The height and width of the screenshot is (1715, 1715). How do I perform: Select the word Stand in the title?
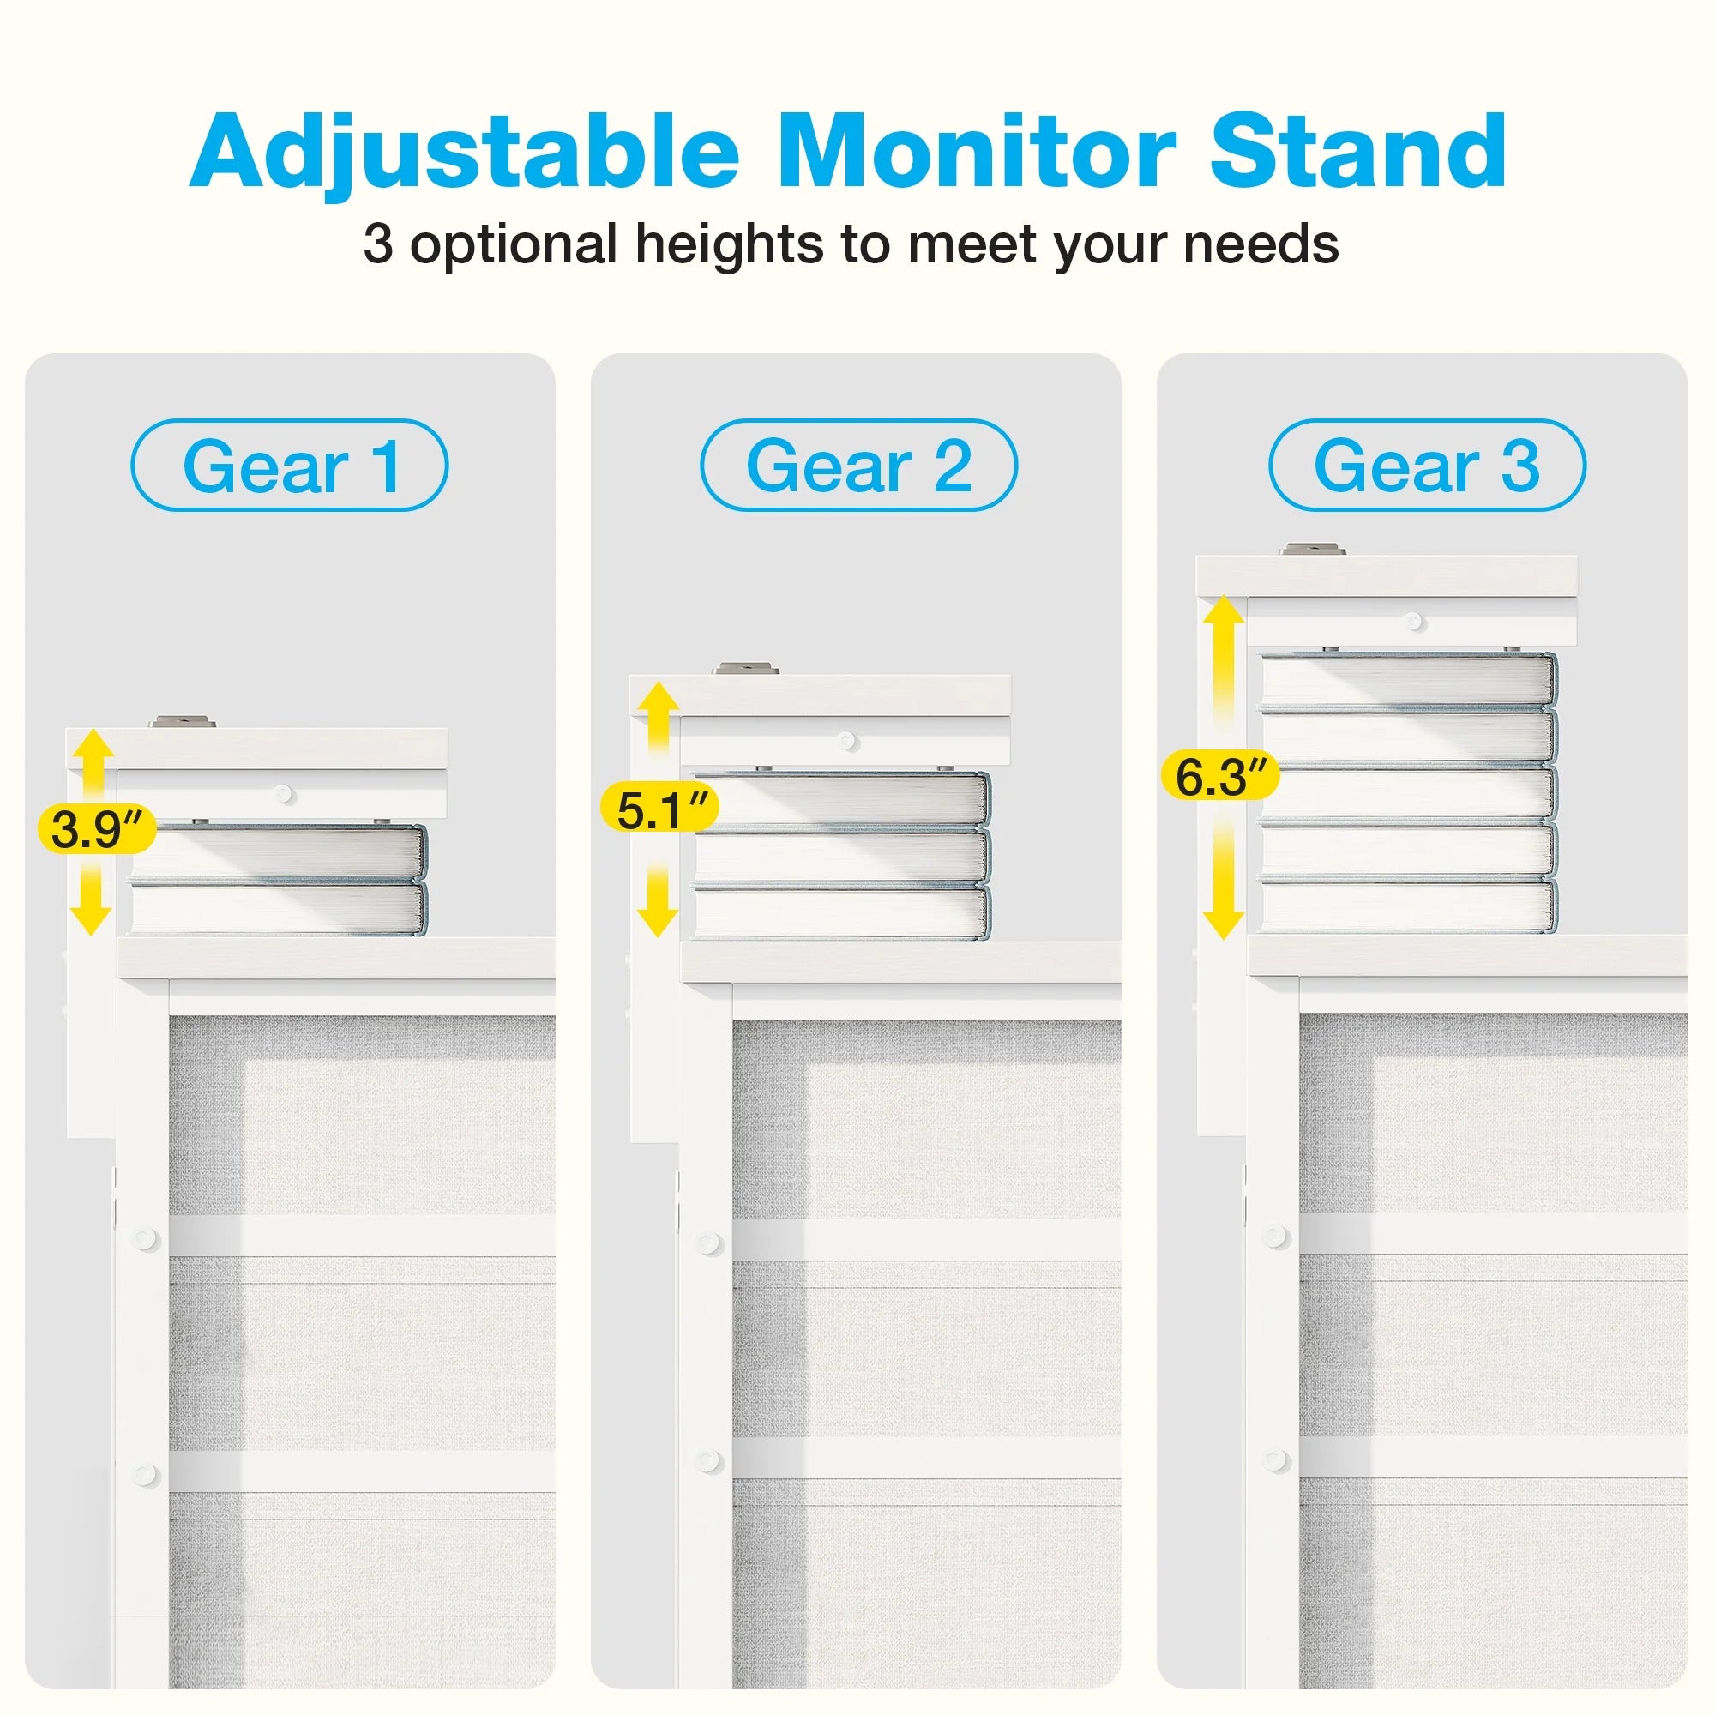click(x=1358, y=151)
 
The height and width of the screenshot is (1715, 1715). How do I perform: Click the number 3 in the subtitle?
click(x=378, y=244)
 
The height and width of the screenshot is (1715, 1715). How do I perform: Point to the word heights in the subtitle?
click(x=729, y=244)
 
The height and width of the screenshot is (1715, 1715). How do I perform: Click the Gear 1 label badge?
click(x=289, y=465)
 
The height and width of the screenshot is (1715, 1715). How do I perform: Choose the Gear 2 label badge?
click(x=858, y=465)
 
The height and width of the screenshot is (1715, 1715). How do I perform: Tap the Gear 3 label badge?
click(x=1427, y=465)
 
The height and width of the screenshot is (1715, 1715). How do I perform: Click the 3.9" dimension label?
click(x=97, y=830)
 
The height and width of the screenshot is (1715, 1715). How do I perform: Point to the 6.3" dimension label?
click(x=1220, y=775)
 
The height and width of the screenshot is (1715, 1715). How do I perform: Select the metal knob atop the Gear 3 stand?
click(x=1312, y=550)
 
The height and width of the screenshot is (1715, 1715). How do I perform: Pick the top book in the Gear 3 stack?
click(x=1409, y=682)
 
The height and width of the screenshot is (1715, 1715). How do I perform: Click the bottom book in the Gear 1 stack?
click(x=279, y=908)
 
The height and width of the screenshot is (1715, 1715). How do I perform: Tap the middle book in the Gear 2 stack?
click(x=841, y=856)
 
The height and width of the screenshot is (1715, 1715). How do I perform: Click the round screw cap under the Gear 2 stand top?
click(x=847, y=741)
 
